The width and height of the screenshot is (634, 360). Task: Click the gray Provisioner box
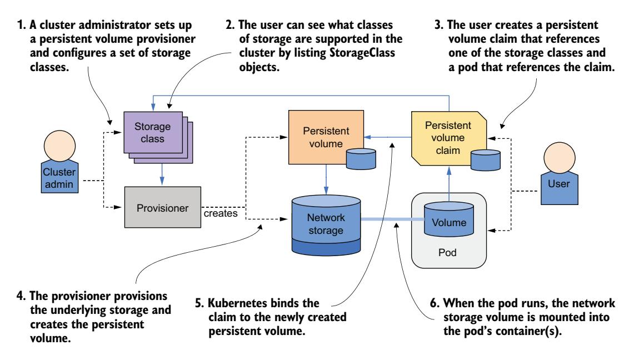[x=161, y=208]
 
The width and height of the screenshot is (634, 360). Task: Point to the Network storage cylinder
[x=326, y=219]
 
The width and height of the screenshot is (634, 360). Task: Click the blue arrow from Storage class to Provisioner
[x=161, y=173]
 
